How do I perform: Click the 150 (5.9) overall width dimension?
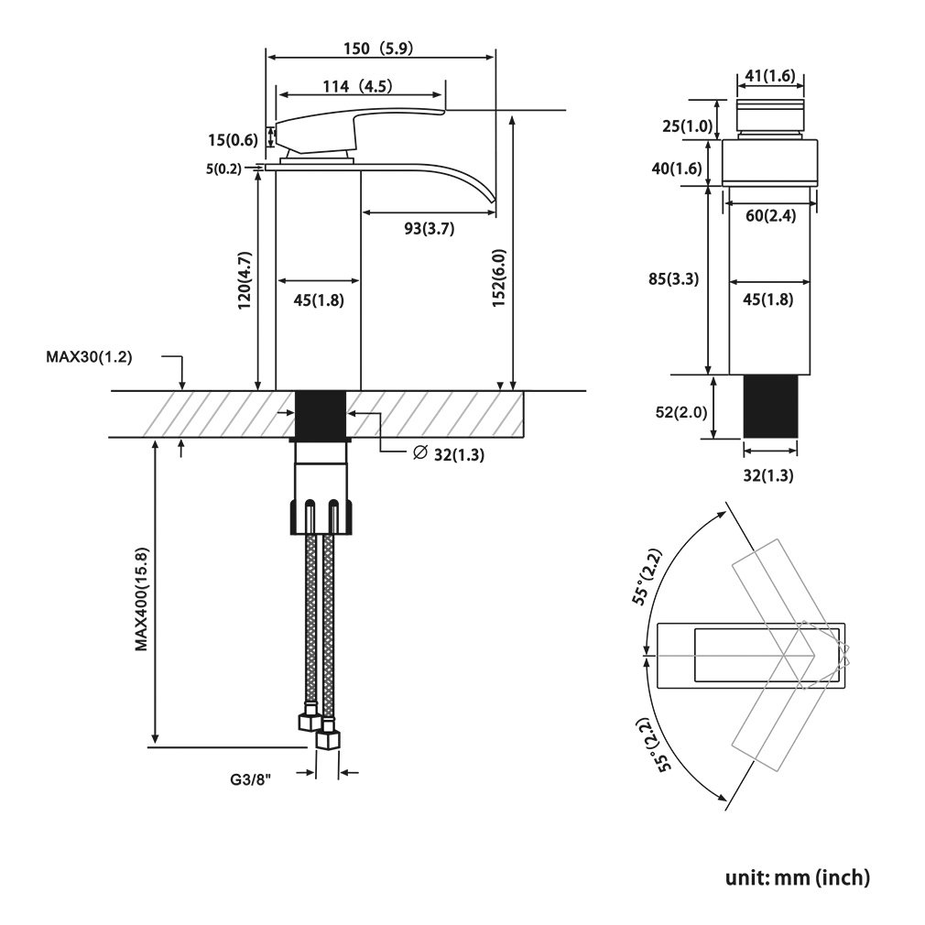[378, 48]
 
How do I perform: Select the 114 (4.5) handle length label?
[357, 86]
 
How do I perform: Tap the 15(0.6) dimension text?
[233, 140]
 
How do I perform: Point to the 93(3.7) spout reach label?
[430, 228]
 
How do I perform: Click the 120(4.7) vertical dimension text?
[245, 280]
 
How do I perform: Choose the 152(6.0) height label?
[499, 277]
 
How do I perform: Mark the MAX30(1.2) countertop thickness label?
[89, 357]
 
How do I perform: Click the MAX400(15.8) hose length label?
[142, 599]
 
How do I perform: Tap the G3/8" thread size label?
[251, 780]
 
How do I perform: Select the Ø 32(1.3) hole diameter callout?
[449, 454]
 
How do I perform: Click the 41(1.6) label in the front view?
[770, 75]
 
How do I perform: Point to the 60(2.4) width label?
[770, 216]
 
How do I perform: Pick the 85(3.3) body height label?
[674, 278]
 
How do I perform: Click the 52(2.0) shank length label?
[681, 412]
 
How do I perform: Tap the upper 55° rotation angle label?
[647, 576]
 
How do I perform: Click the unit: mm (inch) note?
[798, 877]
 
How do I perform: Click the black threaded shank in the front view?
[770, 407]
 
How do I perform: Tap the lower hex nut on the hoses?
[329, 738]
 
